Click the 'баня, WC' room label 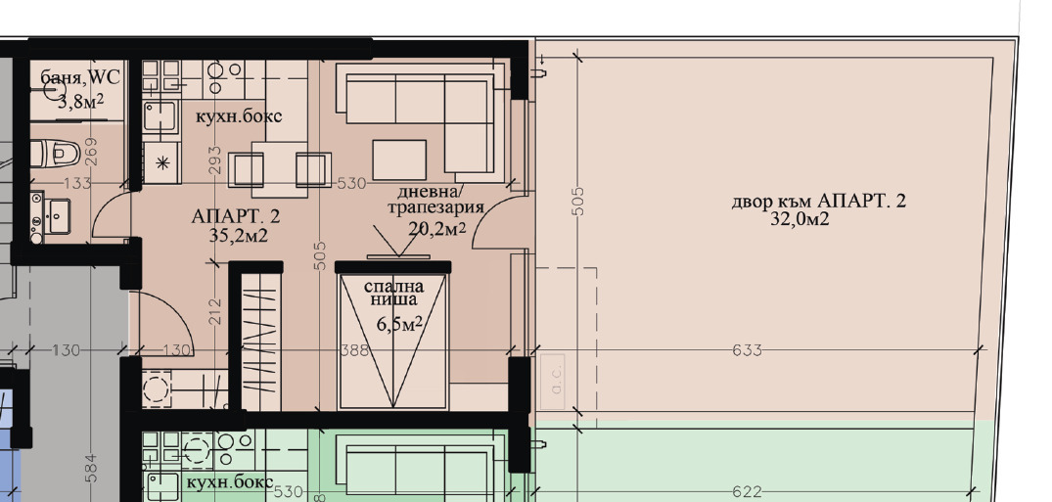[x=80, y=77]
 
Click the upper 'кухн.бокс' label [x=239, y=116]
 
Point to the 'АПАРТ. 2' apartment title [x=236, y=216]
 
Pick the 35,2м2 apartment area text [x=239, y=235]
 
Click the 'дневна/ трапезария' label [x=436, y=200]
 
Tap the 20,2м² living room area [x=436, y=228]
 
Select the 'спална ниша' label [x=393, y=294]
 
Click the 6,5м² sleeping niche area [x=399, y=322]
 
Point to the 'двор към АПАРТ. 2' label [x=818, y=203]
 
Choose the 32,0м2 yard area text [x=800, y=220]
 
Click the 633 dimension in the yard [x=747, y=350]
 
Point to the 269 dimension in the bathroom [x=92, y=152]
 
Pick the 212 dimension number [x=216, y=311]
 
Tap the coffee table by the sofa [x=399, y=159]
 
